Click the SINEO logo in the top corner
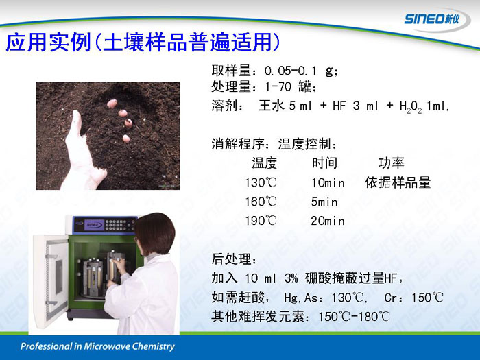pos(432,19)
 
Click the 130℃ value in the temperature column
pos(261,183)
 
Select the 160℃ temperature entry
pos(261,202)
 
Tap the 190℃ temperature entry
pos(261,221)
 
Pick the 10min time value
pos(328,183)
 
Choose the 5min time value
pos(324,202)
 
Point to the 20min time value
pos(328,221)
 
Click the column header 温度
pos(264,163)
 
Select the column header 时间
pos(325,163)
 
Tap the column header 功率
pos(392,163)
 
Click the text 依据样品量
pos(398,182)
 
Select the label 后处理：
pos(235,259)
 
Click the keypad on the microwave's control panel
pos(119,225)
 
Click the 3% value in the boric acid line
pos(291,278)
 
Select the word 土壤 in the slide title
pos(123,42)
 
